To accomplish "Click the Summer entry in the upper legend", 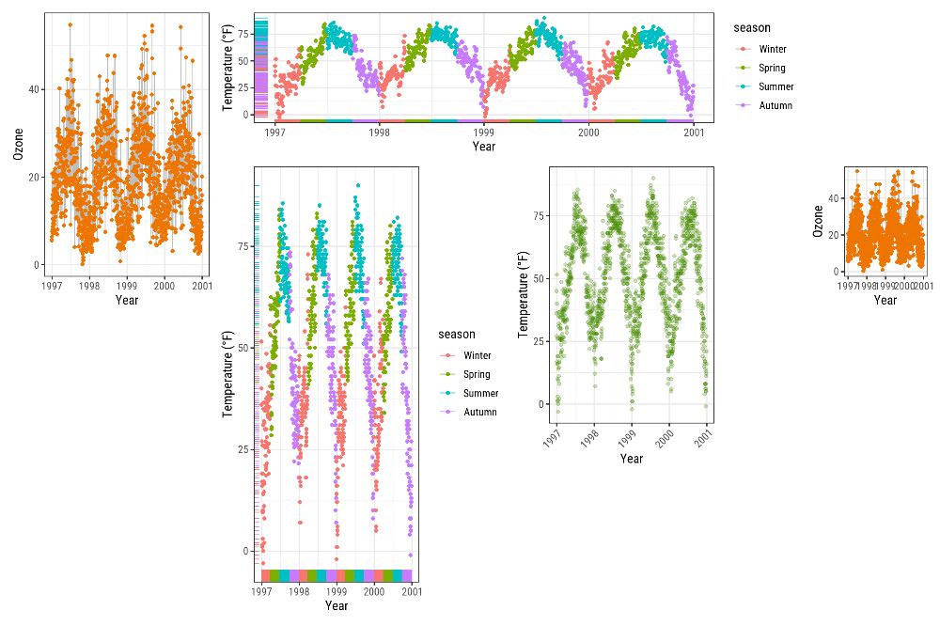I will (775, 86).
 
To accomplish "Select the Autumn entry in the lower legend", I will (479, 412).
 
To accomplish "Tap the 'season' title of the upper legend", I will (752, 28).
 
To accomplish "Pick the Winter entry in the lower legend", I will (477, 355).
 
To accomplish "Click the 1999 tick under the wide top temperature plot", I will (484, 133).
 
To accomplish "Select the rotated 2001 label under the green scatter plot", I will (705, 438).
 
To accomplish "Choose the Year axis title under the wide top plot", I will (484, 147).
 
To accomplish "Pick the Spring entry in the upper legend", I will (772, 68).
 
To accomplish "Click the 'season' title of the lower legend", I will (456, 335).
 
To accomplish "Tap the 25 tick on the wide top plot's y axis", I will (242, 87).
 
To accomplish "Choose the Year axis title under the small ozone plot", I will (885, 300).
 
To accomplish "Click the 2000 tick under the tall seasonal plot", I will (374, 593).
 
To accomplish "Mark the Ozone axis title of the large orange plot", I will (18, 144).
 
